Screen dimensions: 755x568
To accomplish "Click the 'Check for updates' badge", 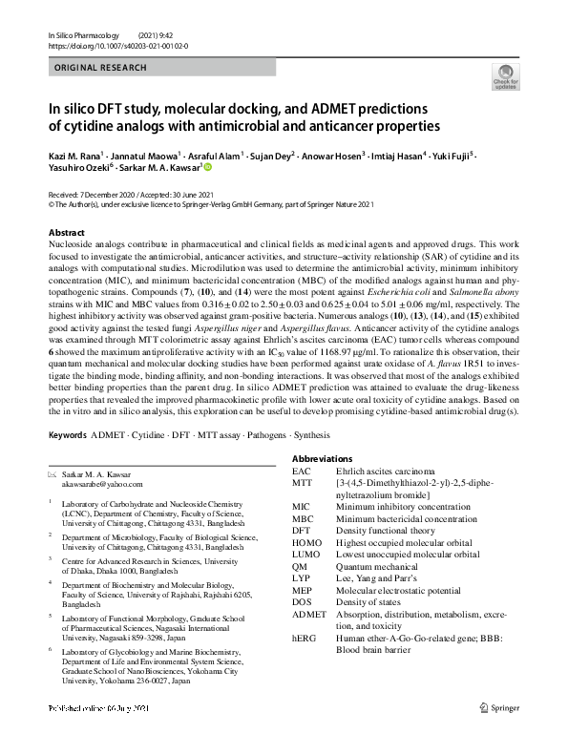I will point(505,79).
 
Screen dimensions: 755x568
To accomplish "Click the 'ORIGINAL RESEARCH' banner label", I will point(100,68).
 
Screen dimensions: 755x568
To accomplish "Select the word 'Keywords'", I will point(67,435).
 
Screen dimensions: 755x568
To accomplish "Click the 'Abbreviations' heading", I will point(323,459).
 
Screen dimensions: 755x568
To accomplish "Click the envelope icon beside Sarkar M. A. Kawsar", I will point(53,473).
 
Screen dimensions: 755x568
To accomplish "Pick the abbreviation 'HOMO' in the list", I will point(307,542).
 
